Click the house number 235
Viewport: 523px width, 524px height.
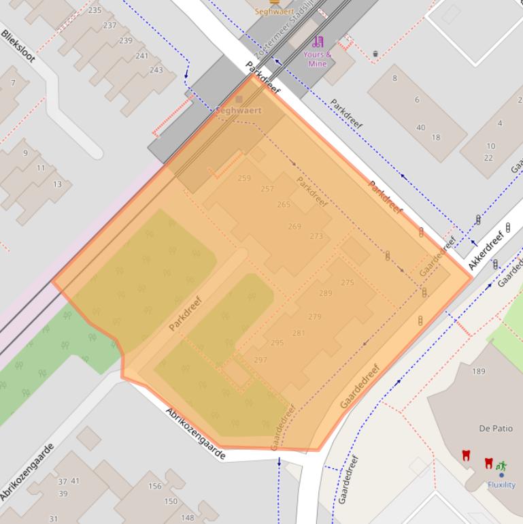pyautogui.click(x=95, y=10)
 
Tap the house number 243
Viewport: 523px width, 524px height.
pyautogui.click(x=156, y=70)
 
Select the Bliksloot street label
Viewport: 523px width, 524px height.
pyautogui.click(x=18, y=46)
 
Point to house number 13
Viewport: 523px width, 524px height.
pyautogui.click(x=57, y=184)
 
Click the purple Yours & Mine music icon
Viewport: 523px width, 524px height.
pyautogui.click(x=318, y=42)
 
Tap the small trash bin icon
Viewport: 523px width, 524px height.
pyautogui.click(x=375, y=54)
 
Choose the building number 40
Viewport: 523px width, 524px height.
pyautogui.click(x=420, y=128)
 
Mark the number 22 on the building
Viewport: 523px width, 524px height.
pyautogui.click(x=488, y=158)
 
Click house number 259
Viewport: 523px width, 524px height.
pyautogui.click(x=244, y=178)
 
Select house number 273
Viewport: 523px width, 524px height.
pyautogui.click(x=316, y=236)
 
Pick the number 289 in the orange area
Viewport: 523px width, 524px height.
pyautogui.click(x=326, y=293)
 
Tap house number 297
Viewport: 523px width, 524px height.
pyautogui.click(x=260, y=360)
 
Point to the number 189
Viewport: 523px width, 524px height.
pyautogui.click(x=479, y=371)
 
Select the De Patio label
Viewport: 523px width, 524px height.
pyautogui.click(x=496, y=429)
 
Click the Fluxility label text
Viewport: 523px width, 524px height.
pyautogui.click(x=501, y=485)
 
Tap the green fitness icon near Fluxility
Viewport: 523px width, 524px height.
pyautogui.click(x=501, y=466)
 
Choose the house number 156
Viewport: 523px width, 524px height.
pyautogui.click(x=155, y=486)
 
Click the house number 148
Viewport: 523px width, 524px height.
pyautogui.click(x=187, y=517)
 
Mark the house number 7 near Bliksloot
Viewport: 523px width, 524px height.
pyautogui.click(x=13, y=83)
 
